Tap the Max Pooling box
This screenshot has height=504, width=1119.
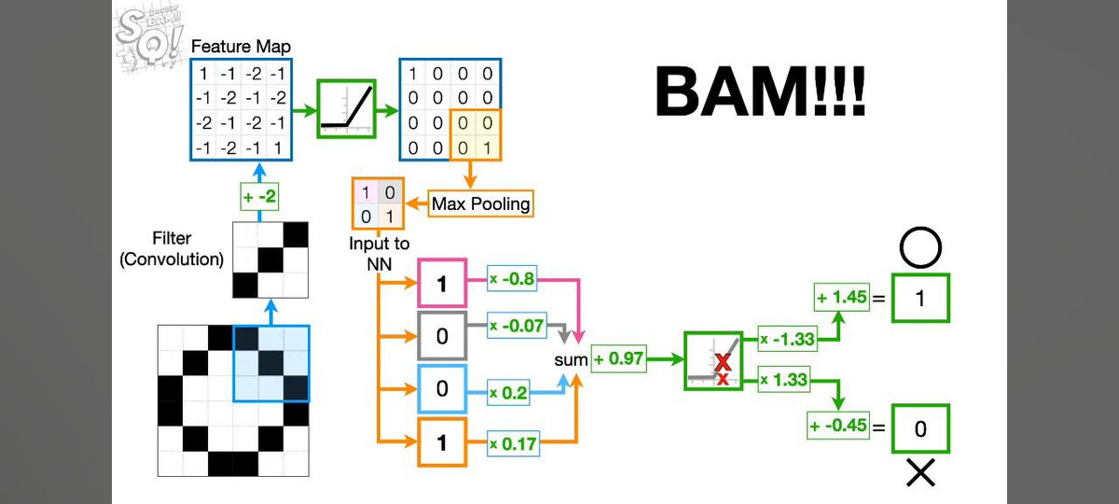pyautogui.click(x=481, y=203)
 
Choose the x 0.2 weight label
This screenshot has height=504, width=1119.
pyautogui.click(x=508, y=393)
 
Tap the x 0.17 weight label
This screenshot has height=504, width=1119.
pyautogui.click(x=514, y=443)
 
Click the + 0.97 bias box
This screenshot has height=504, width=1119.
pyautogui.click(x=617, y=358)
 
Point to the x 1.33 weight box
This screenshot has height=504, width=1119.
pyautogui.click(x=784, y=379)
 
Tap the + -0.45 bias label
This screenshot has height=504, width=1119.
pyautogui.click(x=838, y=427)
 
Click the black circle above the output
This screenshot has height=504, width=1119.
pyautogui.click(x=920, y=248)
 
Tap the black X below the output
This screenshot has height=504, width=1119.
pyautogui.click(x=920, y=474)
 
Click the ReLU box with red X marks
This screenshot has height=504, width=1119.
pyautogui.click(x=713, y=360)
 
